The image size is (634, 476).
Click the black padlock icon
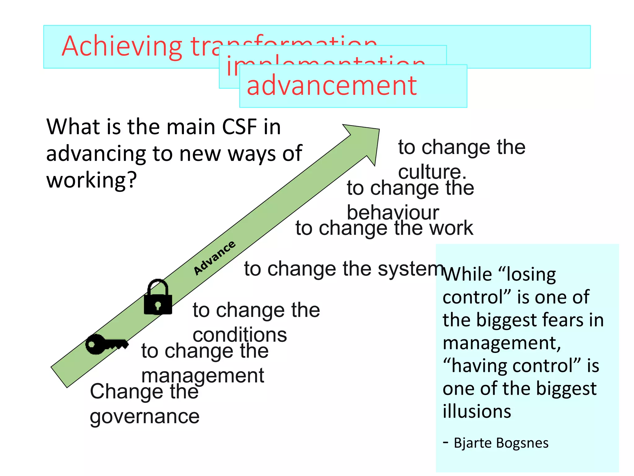coord(158,297)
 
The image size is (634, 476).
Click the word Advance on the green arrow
coord(214,258)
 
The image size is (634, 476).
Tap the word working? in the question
coord(92,180)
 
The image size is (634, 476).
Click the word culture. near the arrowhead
coord(432,172)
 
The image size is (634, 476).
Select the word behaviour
coord(393,213)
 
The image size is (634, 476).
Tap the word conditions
coord(240,335)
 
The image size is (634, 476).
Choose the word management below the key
coord(203,376)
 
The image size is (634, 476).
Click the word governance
coord(145,416)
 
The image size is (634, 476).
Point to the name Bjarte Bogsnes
coord(501,443)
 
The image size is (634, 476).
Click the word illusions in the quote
coord(477,411)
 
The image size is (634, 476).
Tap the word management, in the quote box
coord(502,343)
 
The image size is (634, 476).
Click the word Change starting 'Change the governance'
coord(125,391)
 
